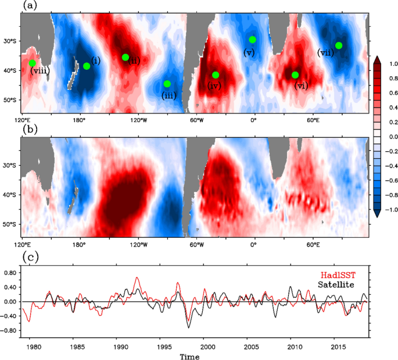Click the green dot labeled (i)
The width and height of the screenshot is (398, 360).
pos(87,66)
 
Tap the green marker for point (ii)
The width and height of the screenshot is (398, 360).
pos(126,57)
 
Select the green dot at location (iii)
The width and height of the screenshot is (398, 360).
pos(167,84)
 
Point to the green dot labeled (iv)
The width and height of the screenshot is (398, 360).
pos(216,75)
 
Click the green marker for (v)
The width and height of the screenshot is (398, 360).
pos(253,40)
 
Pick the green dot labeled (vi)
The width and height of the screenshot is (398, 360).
pos(295,75)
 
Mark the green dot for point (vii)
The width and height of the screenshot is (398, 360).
pos(339,45)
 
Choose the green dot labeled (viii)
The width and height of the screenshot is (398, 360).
pos(33,63)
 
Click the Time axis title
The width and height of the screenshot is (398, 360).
pos(191,355)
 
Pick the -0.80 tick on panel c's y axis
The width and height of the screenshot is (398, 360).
pos(10,330)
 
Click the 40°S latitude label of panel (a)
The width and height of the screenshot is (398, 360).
pos(10,71)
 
